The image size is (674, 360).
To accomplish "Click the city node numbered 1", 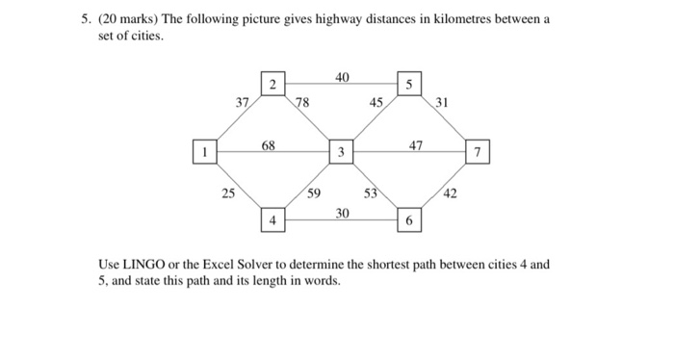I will [x=204, y=151].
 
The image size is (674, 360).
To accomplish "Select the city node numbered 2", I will [x=272, y=86].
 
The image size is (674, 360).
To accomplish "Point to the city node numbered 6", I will [x=409, y=220].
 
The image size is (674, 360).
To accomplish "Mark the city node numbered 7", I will [x=479, y=152].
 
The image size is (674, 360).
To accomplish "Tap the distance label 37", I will [x=244, y=102].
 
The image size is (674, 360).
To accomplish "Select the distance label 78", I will [x=302, y=102].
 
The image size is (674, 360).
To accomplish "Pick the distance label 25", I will [x=227, y=194].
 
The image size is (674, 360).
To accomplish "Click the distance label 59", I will [x=315, y=194].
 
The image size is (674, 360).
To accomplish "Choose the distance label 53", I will [x=370, y=194].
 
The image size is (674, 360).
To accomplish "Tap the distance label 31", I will [x=442, y=102].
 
